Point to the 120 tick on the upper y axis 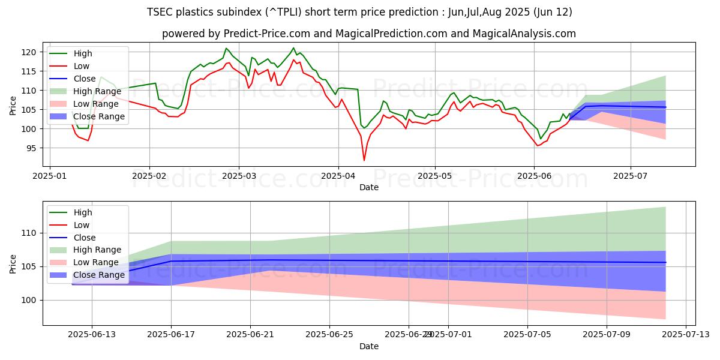30,52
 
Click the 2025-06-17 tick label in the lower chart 171,334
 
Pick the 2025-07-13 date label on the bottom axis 685,334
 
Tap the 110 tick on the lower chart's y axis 30,233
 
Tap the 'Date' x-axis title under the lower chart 369,346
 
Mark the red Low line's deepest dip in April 364,160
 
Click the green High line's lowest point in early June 540,139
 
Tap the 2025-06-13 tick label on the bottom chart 92,334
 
